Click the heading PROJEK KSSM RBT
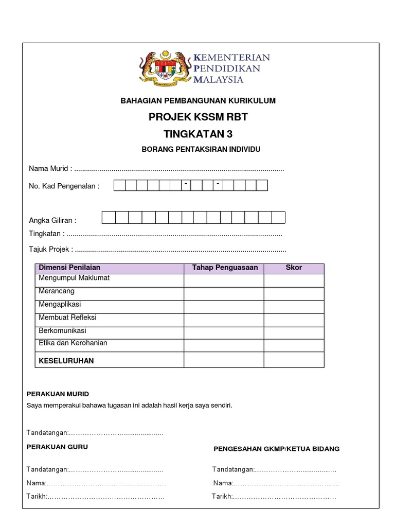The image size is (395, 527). pos(198,117)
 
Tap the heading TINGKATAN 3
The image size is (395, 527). pos(198,134)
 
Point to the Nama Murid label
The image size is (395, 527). pos(50,169)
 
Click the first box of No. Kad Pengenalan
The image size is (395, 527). pos(119,186)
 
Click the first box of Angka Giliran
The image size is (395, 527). pos(109,218)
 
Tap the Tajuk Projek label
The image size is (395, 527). pos(50,250)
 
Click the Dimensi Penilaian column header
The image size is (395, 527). pos(69,268)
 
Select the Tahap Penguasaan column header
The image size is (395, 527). pos(225,268)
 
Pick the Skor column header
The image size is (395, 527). pos(294,268)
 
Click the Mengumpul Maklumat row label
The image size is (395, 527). pos(74,278)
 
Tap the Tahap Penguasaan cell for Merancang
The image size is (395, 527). pos(224,294)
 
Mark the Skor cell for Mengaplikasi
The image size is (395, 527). pos(294,307)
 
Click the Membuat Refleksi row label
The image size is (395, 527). pos(67,318)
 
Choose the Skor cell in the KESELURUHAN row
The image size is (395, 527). pos(294,360)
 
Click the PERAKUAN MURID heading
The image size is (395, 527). pos(58,394)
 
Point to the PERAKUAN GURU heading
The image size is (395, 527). pos(57,447)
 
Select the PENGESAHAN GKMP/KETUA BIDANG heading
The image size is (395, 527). pos(277,449)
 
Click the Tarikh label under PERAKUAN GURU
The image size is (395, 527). pos(37,496)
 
